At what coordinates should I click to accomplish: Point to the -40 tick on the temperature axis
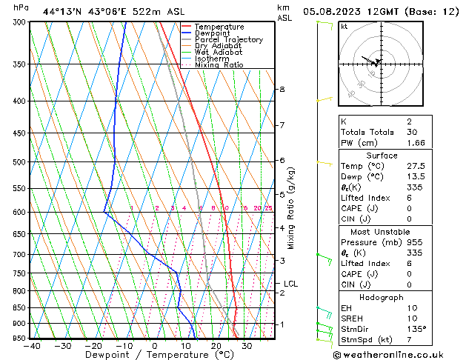pyautogui.click(x=32, y=346)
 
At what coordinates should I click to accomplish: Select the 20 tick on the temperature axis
pyautogui.click(x=216, y=346)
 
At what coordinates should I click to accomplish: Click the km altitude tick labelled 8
pyautogui.click(x=282, y=90)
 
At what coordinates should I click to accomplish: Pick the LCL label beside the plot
pyautogui.click(x=290, y=284)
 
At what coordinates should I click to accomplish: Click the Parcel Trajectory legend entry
pyautogui.click(x=228, y=40)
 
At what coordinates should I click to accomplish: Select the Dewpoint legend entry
pyautogui.click(x=211, y=33)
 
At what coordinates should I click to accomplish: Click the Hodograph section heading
pyautogui.click(x=382, y=297)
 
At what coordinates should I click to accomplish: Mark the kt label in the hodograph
pyautogui.click(x=344, y=27)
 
